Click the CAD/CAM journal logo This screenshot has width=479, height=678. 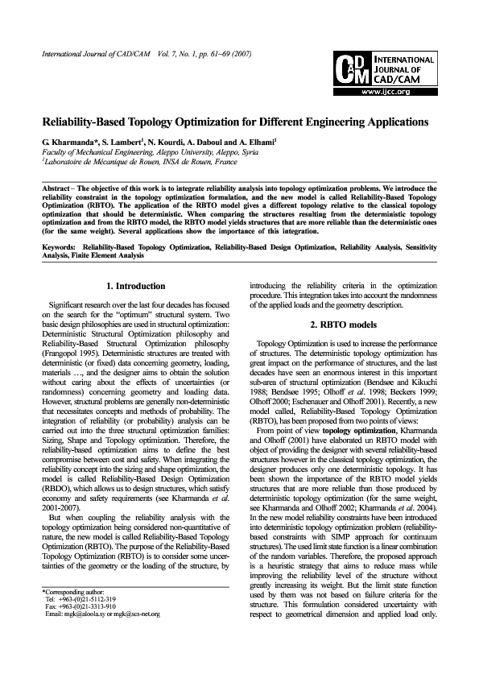tap(382, 67)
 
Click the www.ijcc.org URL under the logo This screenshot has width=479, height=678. tap(384, 92)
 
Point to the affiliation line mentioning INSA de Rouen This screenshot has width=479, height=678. tap(130, 160)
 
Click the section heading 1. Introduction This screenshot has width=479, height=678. tap(135, 286)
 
